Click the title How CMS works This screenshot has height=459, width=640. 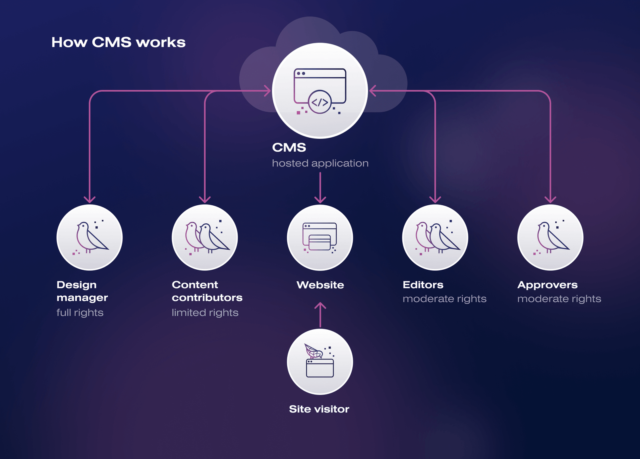118,42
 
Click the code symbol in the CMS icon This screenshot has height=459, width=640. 320,102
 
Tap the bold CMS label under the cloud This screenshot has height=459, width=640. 289,148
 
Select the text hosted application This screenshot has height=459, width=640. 320,163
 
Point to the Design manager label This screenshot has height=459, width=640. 82,291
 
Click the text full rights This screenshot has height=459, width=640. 80,313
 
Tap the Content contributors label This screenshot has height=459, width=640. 207,291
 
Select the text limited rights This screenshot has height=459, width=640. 205,313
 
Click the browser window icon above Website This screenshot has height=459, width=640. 320,237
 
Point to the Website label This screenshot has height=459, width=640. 320,285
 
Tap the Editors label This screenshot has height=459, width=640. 423,285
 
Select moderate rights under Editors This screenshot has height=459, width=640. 444,299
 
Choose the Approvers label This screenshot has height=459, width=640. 548,285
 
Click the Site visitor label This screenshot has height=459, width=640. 319,409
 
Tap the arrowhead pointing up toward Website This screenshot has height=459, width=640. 320,305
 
